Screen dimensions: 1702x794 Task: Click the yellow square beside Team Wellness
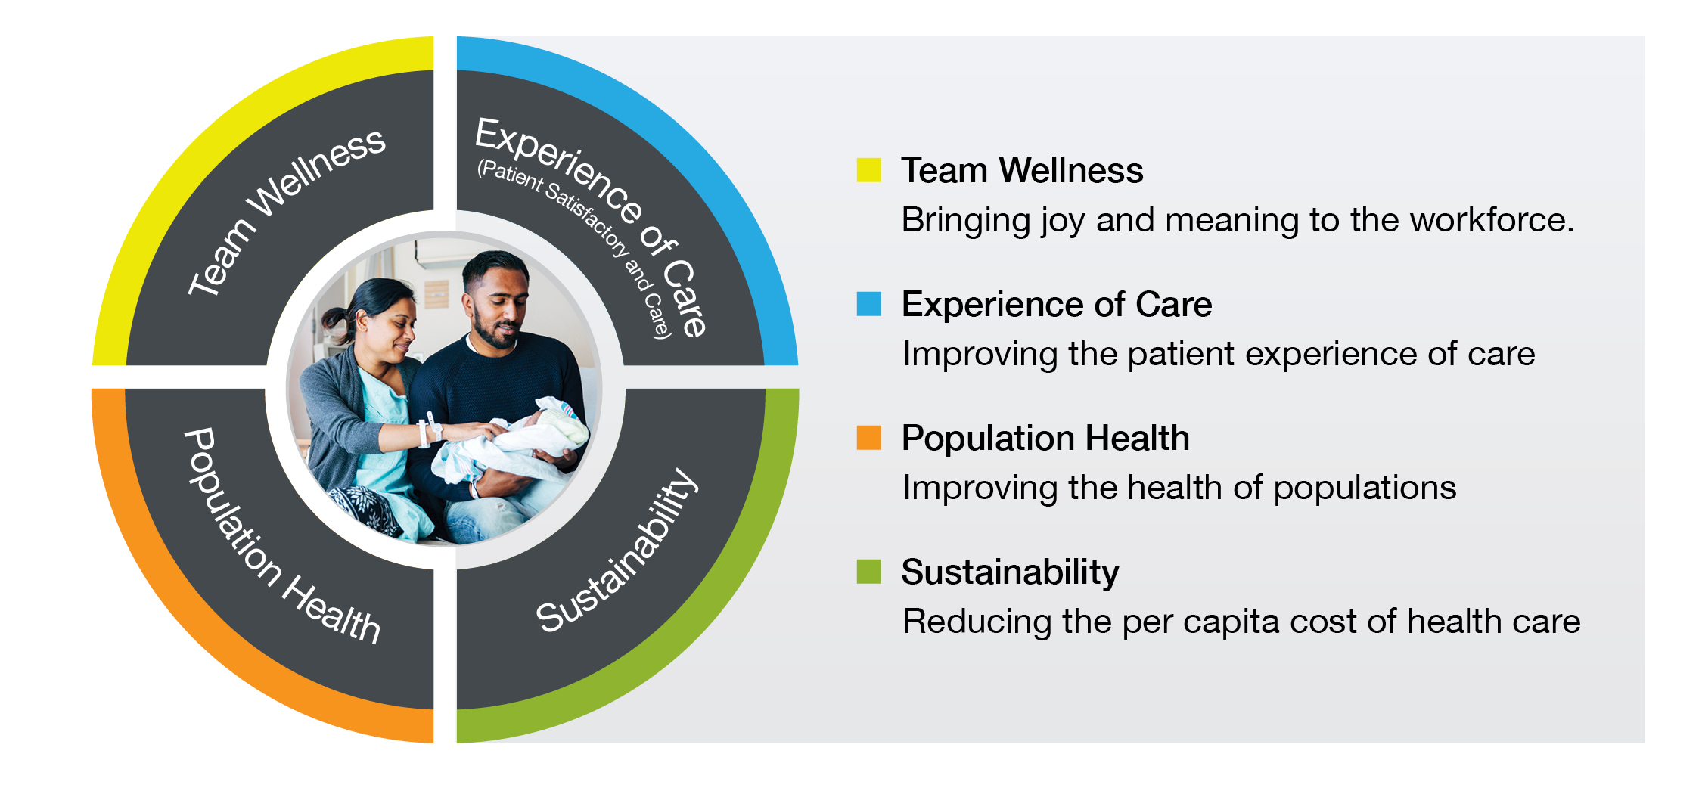tap(868, 170)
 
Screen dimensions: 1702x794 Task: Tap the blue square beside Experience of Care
tap(868, 303)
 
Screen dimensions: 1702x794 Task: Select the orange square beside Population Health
tap(868, 437)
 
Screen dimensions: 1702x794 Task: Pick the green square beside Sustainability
tap(868, 571)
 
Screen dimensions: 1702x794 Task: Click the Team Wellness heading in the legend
tap(1022, 170)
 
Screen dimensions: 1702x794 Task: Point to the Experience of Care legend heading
tap(1057, 304)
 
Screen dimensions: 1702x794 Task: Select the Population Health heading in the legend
tap(1045, 439)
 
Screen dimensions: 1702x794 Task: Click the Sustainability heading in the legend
tap(1010, 572)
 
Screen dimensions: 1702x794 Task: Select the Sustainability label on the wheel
tap(617, 551)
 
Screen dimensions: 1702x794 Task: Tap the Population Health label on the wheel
tap(281, 535)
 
